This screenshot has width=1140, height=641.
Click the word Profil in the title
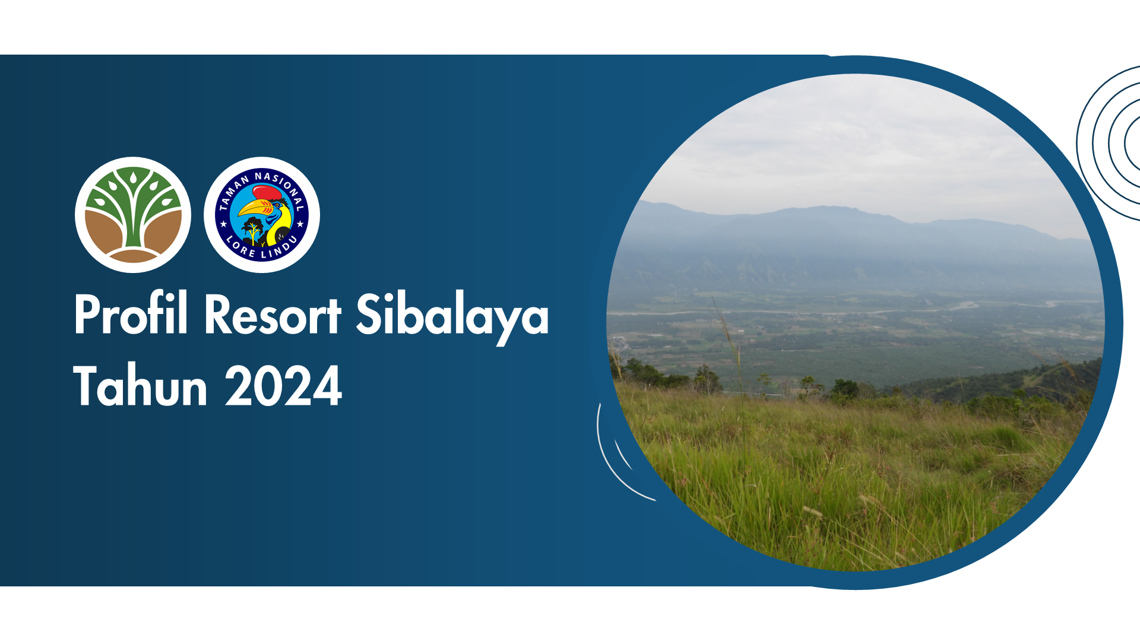coord(131,314)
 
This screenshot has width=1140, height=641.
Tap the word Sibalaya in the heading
coord(452,319)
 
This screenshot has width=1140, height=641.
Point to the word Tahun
coord(140,385)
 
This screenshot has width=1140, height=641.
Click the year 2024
coord(283,386)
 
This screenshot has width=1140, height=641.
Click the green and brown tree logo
coord(133,215)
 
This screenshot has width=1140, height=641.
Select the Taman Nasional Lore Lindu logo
coord(262,215)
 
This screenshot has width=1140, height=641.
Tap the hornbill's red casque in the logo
coord(267,193)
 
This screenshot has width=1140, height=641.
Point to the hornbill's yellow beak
coord(256,208)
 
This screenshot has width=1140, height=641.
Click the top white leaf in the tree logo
coord(133,177)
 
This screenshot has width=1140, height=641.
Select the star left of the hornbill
coord(224,224)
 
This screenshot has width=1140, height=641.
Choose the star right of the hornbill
coord(300,224)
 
